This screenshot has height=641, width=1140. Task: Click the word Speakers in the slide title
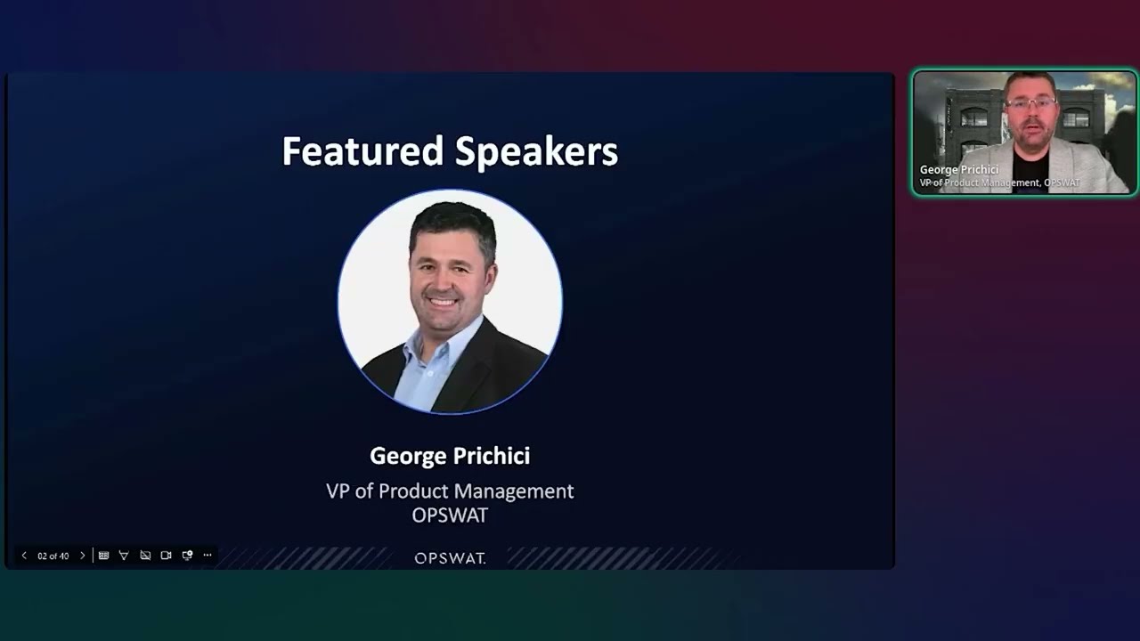pyautogui.click(x=536, y=152)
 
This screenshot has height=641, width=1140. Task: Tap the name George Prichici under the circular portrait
pyautogui.click(x=450, y=456)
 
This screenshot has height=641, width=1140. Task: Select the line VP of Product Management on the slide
pyautogui.click(x=450, y=491)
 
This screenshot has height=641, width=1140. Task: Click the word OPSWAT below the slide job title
pyautogui.click(x=450, y=515)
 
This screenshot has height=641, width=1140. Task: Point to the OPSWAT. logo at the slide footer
pyautogui.click(x=450, y=558)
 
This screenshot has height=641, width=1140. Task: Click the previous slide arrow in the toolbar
pyautogui.click(x=24, y=556)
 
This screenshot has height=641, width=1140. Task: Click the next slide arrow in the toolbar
pyautogui.click(x=83, y=556)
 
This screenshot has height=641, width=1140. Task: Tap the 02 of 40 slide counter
pyautogui.click(x=53, y=556)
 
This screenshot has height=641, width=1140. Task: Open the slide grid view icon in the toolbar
pyautogui.click(x=103, y=556)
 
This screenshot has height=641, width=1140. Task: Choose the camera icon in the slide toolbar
pyautogui.click(x=166, y=556)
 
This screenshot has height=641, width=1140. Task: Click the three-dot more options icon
pyautogui.click(x=208, y=556)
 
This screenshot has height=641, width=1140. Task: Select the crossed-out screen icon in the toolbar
pyautogui.click(x=145, y=556)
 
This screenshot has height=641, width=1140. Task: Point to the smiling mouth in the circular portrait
pyautogui.click(x=445, y=301)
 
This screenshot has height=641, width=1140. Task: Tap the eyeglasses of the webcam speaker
pyautogui.click(x=1030, y=104)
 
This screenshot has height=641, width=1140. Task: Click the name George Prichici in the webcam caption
pyautogui.click(x=959, y=169)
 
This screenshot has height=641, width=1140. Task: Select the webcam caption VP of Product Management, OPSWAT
pyautogui.click(x=999, y=183)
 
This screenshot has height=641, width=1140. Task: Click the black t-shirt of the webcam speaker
pyautogui.click(x=1030, y=169)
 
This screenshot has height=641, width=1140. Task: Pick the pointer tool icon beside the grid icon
pyautogui.click(x=124, y=556)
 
